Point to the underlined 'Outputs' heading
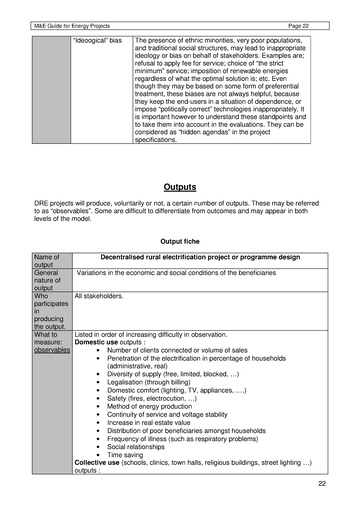point(178,186)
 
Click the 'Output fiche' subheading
point(178,241)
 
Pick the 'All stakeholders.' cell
point(100,296)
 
